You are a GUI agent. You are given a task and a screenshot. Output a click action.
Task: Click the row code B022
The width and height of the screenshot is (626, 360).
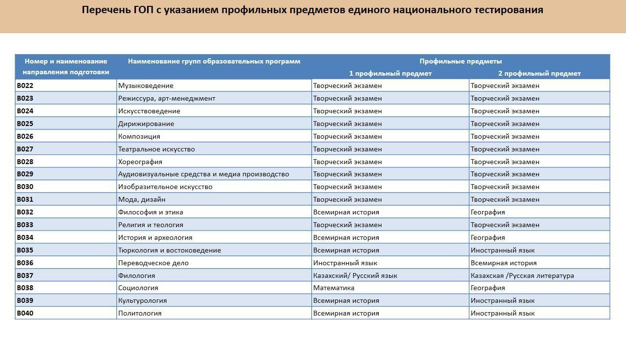[x=25, y=85]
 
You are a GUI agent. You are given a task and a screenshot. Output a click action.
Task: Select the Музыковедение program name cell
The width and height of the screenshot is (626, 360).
[x=146, y=85]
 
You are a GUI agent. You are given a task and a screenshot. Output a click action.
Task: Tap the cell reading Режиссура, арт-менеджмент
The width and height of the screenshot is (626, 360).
[x=167, y=98]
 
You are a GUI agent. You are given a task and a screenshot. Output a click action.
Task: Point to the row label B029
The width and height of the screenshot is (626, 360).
[x=25, y=174]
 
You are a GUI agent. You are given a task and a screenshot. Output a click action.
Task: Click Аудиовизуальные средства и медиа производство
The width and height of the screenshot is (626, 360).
[x=203, y=174]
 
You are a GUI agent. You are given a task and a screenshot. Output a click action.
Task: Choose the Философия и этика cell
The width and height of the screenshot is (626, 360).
[x=151, y=212]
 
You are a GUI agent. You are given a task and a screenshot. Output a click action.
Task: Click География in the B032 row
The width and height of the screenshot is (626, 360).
[x=488, y=212]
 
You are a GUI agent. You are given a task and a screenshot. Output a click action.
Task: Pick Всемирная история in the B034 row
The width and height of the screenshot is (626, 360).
[x=346, y=237]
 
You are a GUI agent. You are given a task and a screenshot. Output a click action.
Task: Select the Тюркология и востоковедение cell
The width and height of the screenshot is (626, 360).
[x=169, y=250]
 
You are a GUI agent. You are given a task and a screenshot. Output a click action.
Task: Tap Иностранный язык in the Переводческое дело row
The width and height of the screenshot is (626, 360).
[x=345, y=263]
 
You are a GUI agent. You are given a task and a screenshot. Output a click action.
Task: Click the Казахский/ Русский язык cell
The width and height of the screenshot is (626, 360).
[x=355, y=275]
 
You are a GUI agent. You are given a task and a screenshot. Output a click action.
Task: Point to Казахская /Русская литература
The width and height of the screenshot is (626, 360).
[x=522, y=275]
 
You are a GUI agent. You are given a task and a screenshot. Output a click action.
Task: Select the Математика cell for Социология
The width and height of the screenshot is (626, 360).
[x=333, y=288]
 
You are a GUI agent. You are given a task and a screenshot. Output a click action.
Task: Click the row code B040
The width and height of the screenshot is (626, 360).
[x=25, y=313]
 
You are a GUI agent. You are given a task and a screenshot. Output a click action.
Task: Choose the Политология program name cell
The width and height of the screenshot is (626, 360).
[x=140, y=313]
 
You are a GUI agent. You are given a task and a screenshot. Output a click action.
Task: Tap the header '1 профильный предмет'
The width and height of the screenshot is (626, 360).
[x=390, y=73]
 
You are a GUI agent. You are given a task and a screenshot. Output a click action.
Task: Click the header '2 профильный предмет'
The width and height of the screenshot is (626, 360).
[x=539, y=73]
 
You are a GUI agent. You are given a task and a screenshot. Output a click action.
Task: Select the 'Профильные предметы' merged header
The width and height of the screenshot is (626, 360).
[x=460, y=61]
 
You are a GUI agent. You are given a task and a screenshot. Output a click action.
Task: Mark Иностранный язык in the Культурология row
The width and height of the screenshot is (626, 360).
[x=502, y=300]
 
